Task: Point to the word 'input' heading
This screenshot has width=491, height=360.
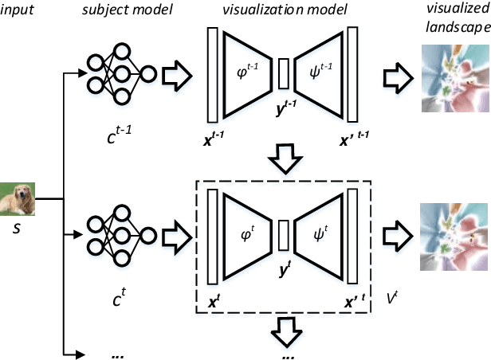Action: pyautogui.click(x=15, y=10)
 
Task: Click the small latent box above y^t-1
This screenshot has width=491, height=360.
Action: pyautogui.click(x=285, y=74)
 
